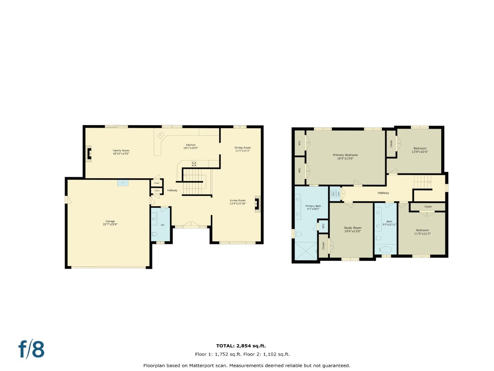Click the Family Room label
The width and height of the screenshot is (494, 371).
click(121, 150)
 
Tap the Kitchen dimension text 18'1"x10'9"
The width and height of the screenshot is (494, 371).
click(191, 148)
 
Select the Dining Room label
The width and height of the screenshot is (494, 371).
click(243, 148)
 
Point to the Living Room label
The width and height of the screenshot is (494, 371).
click(237, 200)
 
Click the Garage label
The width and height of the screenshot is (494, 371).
click(110, 221)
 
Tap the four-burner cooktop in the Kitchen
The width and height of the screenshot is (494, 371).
click(194, 164)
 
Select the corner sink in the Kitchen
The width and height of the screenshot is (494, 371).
click(160, 136)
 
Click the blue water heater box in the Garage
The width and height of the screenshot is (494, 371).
click(123, 183)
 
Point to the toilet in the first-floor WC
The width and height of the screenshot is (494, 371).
click(154, 234)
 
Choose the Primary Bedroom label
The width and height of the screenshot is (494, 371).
click(345, 155)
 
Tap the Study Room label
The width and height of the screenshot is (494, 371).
click(352, 228)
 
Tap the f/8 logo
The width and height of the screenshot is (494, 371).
click(31, 349)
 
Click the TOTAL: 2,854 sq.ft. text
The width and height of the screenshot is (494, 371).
click(241, 346)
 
